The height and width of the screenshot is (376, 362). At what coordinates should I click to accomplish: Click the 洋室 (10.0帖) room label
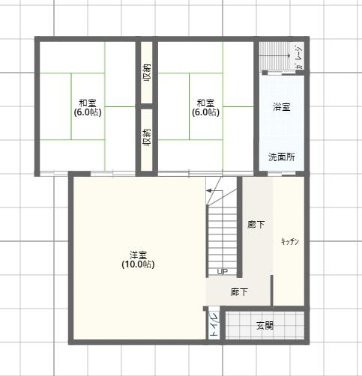tap(138, 259)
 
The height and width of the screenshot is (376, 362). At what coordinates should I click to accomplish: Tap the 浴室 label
tap(282, 107)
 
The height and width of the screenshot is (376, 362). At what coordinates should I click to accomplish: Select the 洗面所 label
tap(282, 157)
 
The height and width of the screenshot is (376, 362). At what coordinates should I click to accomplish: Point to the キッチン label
tap(290, 241)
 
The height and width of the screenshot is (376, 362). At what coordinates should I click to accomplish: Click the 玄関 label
tap(265, 325)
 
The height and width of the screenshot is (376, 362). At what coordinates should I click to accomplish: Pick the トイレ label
tap(214, 324)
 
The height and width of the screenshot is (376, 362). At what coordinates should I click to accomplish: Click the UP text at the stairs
tap(223, 271)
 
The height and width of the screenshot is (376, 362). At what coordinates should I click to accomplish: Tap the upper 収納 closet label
tap(147, 73)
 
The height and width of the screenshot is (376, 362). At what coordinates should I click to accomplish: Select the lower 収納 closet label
tap(147, 138)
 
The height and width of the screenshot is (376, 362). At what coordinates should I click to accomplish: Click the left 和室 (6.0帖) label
tap(88, 108)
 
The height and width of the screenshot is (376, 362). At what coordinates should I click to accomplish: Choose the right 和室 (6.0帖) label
tap(205, 108)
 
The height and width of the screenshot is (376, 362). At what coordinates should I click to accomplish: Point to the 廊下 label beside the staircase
tap(256, 225)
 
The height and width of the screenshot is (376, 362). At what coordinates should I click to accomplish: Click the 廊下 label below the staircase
tap(239, 291)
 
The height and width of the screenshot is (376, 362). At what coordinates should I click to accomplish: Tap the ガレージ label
tap(299, 58)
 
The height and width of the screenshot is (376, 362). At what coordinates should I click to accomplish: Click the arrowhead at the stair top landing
tap(208, 191)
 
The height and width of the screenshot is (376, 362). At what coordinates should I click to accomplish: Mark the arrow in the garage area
tap(274, 55)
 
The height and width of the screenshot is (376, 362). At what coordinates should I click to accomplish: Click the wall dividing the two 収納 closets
tap(147, 106)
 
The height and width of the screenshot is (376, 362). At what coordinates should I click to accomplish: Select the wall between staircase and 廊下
tap(239, 227)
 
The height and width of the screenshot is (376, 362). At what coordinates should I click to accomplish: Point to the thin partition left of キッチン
tap(272, 291)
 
